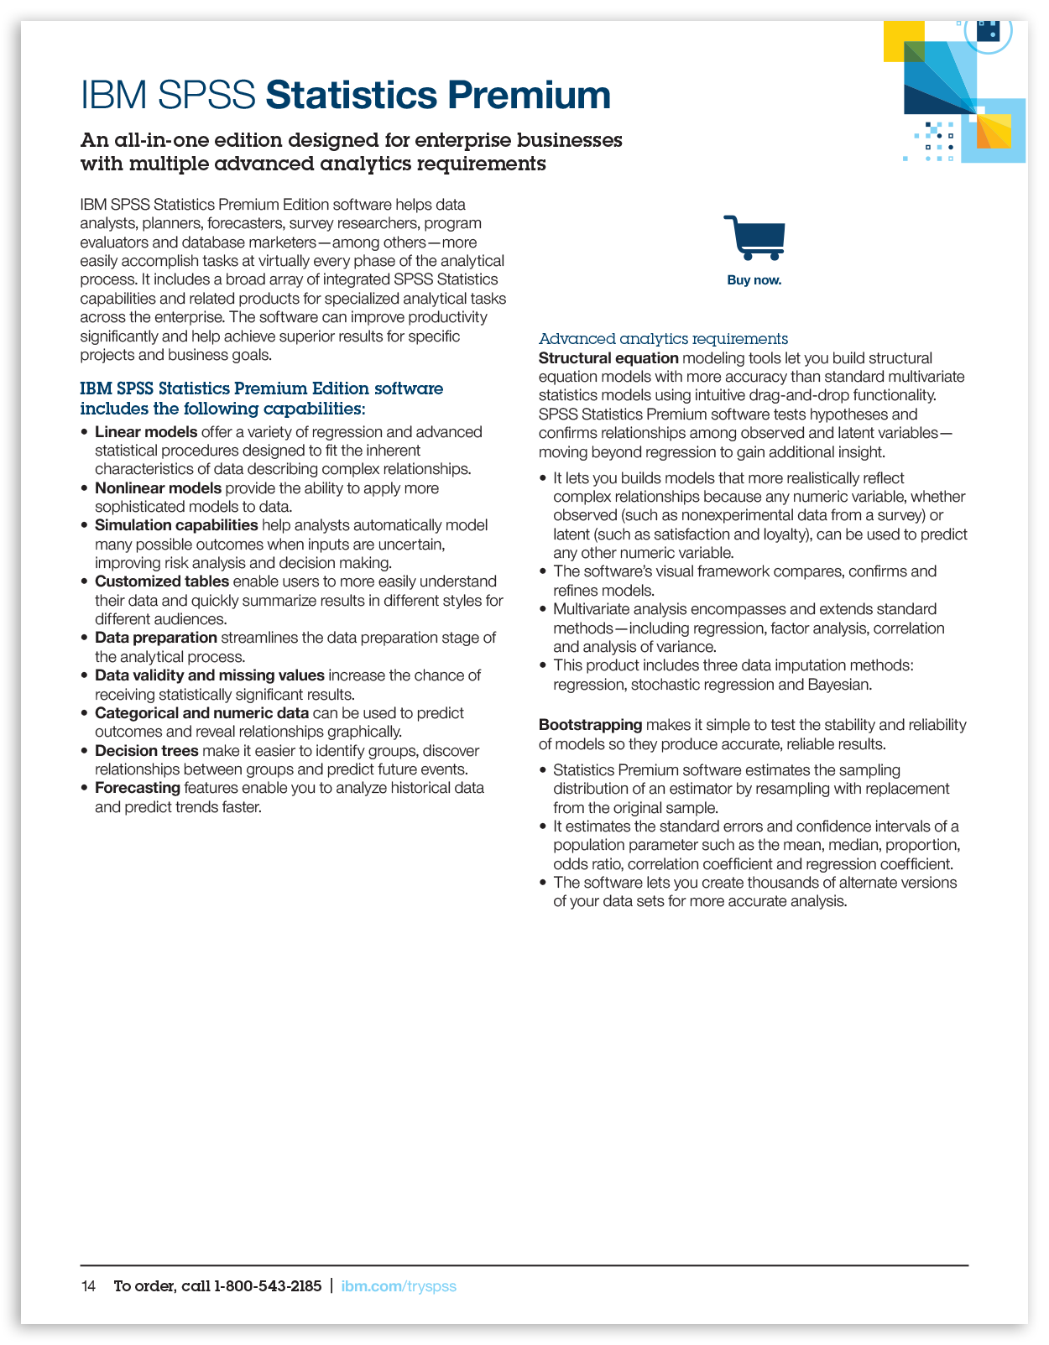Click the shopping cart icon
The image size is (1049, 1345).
[x=754, y=237]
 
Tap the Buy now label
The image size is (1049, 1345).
[x=754, y=280]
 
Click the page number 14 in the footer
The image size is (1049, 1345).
[x=88, y=1286]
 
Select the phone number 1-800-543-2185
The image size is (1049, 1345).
[x=268, y=1286]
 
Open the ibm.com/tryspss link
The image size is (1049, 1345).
[x=399, y=1286]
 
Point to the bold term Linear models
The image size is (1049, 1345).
[x=146, y=432]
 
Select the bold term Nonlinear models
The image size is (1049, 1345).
[x=158, y=488]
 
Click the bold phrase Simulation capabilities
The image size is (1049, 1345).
[x=176, y=525]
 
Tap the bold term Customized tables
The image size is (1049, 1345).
[x=162, y=581]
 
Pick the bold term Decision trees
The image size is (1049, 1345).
[x=147, y=751]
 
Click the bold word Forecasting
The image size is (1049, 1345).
[x=138, y=788]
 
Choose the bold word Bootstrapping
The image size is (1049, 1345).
[x=590, y=725]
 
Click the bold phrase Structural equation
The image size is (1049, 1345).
[x=608, y=358]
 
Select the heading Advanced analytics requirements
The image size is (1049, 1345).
[x=663, y=339]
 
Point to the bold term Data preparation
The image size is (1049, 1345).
[x=156, y=638]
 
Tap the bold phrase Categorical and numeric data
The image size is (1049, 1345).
[x=201, y=713]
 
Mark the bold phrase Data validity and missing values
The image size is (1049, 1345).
[x=210, y=675]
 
